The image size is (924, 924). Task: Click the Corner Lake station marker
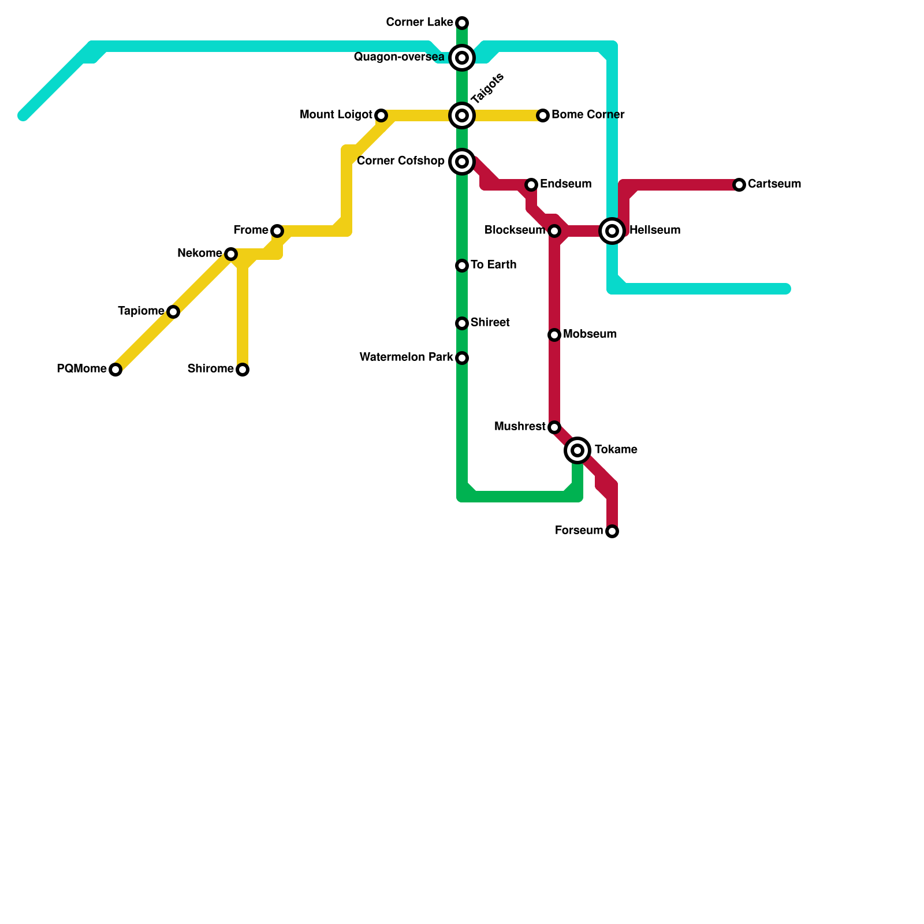pos(462,23)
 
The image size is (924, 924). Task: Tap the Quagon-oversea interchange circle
pos(462,58)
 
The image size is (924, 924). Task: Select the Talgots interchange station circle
pos(462,115)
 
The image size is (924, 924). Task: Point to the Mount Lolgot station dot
pos(381,115)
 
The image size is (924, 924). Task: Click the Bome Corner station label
pos(588,115)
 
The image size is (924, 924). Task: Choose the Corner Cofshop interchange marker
pos(462,162)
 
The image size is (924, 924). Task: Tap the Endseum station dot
pos(531,185)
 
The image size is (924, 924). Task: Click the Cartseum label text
pos(774,184)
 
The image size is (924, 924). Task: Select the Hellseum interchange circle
pos(612,231)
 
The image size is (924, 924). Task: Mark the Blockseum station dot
pos(554,231)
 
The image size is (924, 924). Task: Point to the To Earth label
pos(493,265)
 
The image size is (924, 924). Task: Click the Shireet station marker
pos(462,323)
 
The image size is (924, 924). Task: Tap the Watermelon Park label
pos(406,357)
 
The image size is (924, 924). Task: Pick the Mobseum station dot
pos(554,335)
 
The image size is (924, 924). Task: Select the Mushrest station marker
pos(554,427)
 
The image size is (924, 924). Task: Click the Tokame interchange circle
pos(577,450)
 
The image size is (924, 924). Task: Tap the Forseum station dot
pos(612,531)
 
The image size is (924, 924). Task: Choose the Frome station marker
pos(277,231)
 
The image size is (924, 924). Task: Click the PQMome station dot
pos(115,370)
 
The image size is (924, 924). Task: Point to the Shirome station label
pos(210,369)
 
